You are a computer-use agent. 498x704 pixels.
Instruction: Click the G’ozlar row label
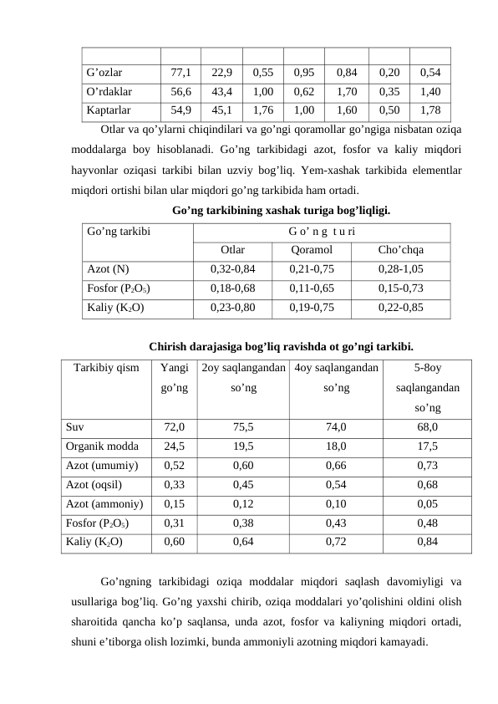click(x=104, y=73)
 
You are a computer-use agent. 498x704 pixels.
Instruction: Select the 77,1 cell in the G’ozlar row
click(x=181, y=73)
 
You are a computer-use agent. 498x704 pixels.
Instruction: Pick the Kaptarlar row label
click(x=109, y=109)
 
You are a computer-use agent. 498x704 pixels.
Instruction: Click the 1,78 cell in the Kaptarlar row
click(x=431, y=109)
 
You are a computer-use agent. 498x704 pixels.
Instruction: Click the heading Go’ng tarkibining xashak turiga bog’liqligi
click(x=268, y=211)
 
